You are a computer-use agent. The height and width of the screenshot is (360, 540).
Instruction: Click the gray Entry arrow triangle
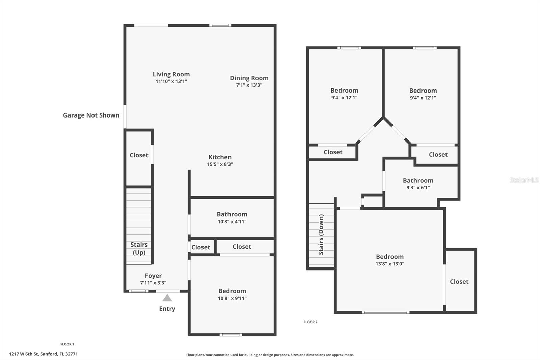click(167, 298)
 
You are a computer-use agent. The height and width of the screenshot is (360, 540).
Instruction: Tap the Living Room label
click(171, 74)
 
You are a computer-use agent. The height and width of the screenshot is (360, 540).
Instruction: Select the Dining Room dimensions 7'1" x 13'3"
click(249, 85)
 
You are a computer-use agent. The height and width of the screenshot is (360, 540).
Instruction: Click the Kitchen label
click(220, 157)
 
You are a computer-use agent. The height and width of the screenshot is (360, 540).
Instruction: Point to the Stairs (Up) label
click(139, 248)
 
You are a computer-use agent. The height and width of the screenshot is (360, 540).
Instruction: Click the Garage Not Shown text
click(91, 115)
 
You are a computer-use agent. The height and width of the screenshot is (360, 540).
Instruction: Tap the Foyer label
click(153, 276)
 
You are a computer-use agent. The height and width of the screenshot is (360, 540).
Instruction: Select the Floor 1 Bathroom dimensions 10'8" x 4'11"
click(232, 222)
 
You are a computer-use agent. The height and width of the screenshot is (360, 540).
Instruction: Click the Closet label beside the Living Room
click(139, 155)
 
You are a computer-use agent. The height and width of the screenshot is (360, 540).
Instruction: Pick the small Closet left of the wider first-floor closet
click(201, 247)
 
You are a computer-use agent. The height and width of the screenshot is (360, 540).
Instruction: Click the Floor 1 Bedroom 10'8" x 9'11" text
click(232, 294)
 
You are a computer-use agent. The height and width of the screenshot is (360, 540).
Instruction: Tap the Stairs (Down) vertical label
click(321, 234)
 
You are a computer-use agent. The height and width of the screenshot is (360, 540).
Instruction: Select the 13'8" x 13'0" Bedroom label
click(390, 260)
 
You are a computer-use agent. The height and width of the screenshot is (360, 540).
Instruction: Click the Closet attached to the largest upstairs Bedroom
click(459, 282)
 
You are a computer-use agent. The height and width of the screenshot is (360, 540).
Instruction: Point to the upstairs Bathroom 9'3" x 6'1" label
click(418, 184)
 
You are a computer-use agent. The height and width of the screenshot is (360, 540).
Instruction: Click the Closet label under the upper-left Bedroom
click(333, 152)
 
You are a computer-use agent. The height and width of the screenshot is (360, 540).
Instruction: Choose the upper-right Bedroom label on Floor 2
click(423, 91)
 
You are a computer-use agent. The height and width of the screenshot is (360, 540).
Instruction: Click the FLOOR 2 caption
click(310, 322)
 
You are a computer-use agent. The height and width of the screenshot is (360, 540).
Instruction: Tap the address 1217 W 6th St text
click(43, 354)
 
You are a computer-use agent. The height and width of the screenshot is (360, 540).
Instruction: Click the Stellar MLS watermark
click(524, 180)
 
